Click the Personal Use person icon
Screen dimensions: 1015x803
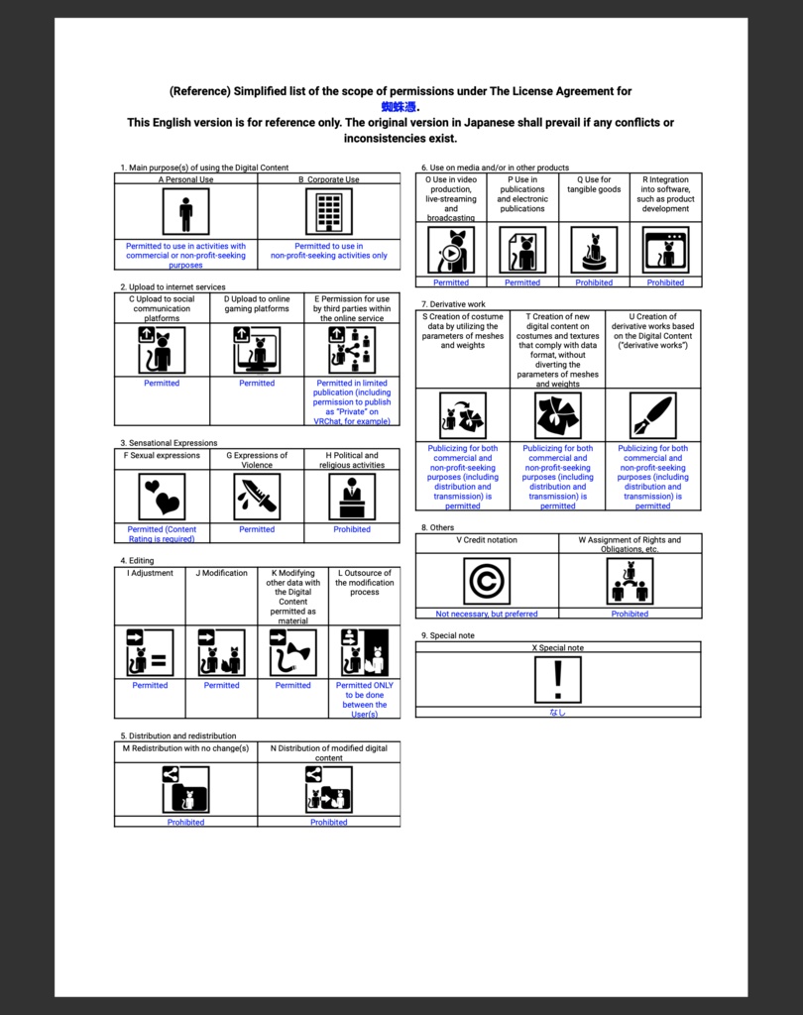185,212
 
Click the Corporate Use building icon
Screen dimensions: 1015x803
328,212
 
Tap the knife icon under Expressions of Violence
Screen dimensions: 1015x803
257,497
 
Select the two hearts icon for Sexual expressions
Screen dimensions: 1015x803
162,497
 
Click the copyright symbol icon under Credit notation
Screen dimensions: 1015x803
487,581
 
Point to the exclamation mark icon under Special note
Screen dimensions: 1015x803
558,680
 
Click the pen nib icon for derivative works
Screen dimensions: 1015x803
652,416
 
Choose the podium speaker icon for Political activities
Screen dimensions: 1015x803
352,497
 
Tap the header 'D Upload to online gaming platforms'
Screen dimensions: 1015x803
257,303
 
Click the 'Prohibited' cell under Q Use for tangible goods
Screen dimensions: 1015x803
594,282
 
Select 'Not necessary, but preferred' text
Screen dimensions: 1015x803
487,614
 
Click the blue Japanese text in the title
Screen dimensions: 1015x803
401,107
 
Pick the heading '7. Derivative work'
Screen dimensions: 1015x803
453,304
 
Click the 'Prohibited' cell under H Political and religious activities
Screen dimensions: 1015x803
352,529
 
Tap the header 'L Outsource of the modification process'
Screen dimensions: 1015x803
364,583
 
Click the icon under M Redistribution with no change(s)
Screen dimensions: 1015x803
185,790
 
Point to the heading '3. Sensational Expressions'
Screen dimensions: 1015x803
169,443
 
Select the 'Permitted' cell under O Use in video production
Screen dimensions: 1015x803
451,282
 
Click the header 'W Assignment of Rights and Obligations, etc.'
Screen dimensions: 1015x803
630,544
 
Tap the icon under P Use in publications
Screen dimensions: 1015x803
522,250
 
